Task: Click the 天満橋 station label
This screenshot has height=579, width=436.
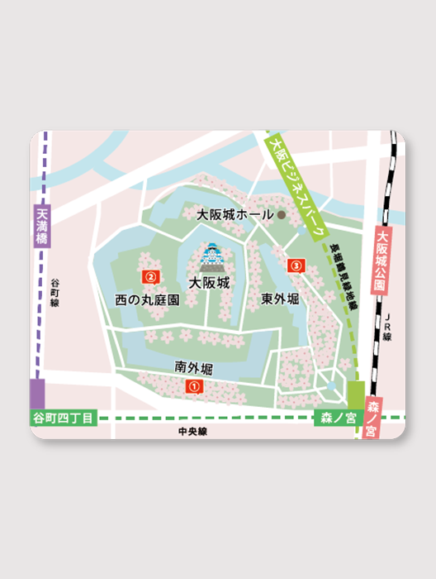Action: click(x=43, y=227)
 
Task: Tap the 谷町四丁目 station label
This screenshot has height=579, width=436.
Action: click(x=64, y=419)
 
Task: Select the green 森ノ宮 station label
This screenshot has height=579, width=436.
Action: click(x=337, y=419)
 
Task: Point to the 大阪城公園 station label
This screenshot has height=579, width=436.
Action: click(x=381, y=262)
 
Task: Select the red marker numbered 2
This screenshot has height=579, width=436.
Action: click(x=150, y=275)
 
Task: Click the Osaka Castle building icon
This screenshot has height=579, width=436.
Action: click(x=211, y=258)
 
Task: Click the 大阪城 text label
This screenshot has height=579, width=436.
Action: click(x=208, y=283)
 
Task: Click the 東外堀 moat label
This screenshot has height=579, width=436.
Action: click(x=280, y=298)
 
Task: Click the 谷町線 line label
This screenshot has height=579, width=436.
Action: click(x=54, y=293)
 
